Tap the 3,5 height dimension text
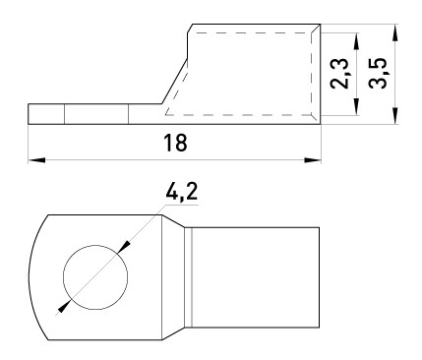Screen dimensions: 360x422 (x=375, y=72)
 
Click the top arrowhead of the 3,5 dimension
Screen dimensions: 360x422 (x=393, y=30)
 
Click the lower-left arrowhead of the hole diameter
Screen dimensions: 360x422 (x=64, y=306)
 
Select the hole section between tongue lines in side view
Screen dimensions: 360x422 (x=95, y=114)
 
